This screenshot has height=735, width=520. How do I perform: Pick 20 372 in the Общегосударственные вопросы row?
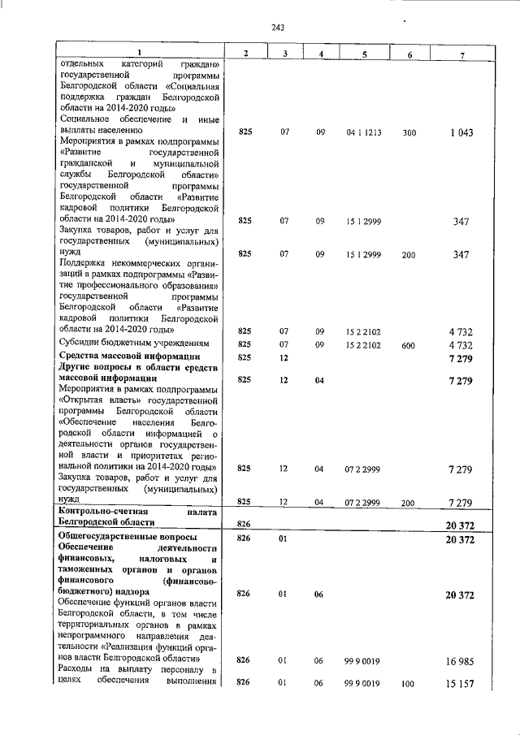[459, 538]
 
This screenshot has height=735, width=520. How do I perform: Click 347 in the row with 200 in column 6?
[461, 255]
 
